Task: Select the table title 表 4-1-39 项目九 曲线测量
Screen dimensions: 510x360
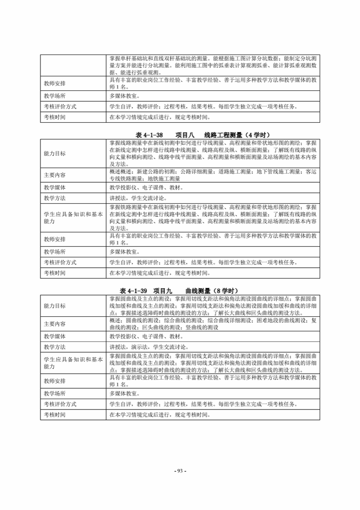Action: point(179,291)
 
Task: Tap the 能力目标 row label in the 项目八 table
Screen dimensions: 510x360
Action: point(55,154)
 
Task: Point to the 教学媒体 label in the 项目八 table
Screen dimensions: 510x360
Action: point(55,187)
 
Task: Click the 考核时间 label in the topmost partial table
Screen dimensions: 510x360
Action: point(55,117)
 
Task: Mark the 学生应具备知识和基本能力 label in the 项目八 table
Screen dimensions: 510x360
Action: point(73,217)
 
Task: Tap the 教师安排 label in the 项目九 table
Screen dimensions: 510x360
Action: point(55,381)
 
